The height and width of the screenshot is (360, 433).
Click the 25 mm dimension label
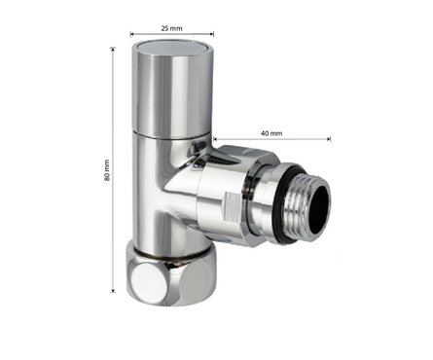tap(172, 28)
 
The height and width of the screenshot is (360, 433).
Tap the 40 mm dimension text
tap(271, 133)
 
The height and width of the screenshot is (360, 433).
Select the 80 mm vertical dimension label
tap(107, 170)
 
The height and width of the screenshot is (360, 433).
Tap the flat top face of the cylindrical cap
tap(172, 48)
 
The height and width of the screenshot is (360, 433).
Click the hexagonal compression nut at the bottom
tap(171, 275)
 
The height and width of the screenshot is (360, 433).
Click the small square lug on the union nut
tap(233, 207)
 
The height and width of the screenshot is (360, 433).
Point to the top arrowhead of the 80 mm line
tap(113, 48)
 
